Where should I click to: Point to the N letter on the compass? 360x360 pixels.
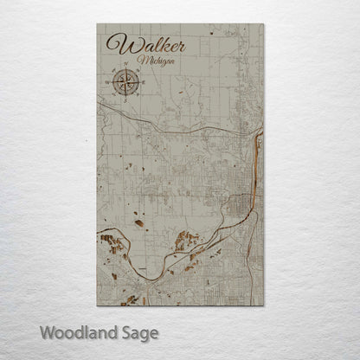click(x=125, y=67)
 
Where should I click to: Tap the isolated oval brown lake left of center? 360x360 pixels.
click(x=138, y=222)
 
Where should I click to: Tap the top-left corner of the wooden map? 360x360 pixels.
click(x=97, y=24)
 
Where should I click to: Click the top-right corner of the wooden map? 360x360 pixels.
click(x=263, y=24)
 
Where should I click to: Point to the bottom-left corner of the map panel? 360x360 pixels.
click(x=97, y=305)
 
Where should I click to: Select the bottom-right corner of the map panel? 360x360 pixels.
click(x=263, y=305)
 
